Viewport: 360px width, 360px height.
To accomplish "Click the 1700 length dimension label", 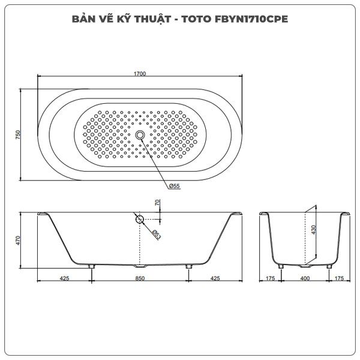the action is click(x=140, y=74).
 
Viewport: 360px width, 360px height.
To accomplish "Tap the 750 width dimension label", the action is click(x=18, y=134).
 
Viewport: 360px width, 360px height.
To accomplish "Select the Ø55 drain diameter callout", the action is click(x=174, y=186).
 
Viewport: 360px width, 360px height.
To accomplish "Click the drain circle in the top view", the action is click(x=140, y=135).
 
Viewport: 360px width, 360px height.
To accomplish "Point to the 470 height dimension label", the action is click(x=18, y=241).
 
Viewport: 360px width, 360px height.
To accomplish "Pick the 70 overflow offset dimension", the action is click(x=157, y=203).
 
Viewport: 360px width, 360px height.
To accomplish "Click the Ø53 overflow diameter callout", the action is click(x=157, y=235).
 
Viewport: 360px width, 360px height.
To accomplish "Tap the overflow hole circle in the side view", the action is click(x=140, y=220).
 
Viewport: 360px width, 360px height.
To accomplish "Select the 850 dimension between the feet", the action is click(x=140, y=278).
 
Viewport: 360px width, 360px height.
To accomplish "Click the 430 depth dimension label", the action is click(x=314, y=230).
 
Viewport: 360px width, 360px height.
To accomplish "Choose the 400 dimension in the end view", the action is click(x=305, y=278).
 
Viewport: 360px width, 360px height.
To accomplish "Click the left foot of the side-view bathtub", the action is click(x=92, y=266).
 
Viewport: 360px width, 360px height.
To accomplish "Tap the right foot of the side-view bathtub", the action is click(x=188, y=266).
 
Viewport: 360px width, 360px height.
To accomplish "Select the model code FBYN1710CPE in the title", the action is click(x=251, y=19).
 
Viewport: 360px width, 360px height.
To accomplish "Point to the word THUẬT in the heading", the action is click(x=152, y=19).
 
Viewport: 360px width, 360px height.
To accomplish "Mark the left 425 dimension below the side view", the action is click(x=65, y=278).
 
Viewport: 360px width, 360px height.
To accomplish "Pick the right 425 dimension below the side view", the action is click(x=215, y=278).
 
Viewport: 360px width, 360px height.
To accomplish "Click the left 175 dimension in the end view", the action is click(x=270, y=278).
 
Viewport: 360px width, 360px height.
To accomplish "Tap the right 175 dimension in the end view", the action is click(x=339, y=278).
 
